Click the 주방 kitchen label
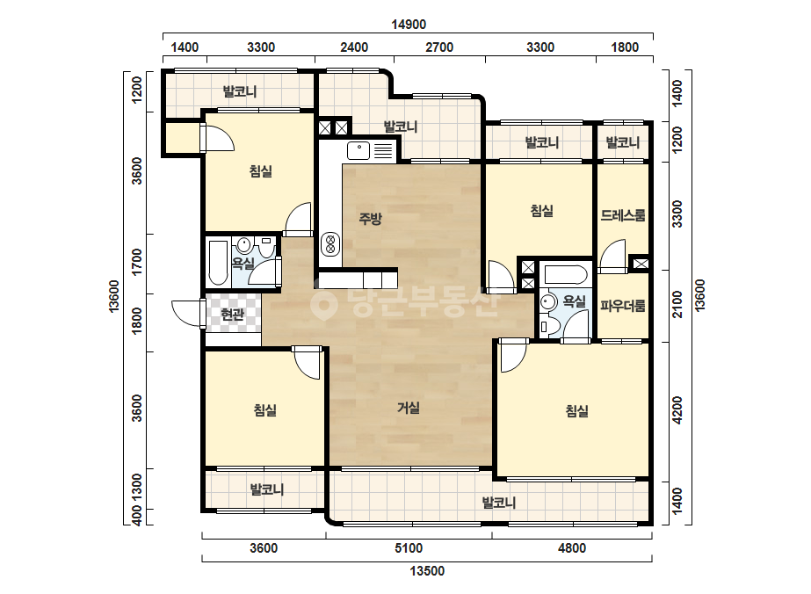370,218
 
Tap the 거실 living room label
409,408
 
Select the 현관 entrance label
232,314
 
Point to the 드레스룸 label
623,215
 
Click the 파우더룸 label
623,306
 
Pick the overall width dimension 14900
409,25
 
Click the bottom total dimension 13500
427,571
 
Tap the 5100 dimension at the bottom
409,548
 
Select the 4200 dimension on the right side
677,410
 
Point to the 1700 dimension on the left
136,263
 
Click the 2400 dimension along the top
354,47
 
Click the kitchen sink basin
358,150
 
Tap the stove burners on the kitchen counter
330,244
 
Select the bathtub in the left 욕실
218,263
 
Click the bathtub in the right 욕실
565,274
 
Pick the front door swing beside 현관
187,314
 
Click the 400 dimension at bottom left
136,516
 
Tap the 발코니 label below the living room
499,503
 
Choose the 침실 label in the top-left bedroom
261,170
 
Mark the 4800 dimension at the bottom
572,548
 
